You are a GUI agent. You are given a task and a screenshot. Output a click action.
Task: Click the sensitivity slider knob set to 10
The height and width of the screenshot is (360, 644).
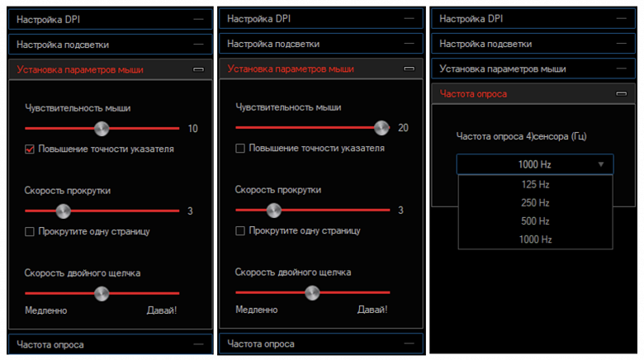click(x=102, y=129)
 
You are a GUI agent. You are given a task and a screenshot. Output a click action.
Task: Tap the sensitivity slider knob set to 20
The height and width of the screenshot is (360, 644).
click(x=381, y=128)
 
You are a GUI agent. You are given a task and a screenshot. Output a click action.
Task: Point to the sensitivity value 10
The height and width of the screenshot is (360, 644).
click(x=192, y=129)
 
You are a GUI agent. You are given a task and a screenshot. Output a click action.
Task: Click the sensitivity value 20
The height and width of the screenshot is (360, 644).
click(x=403, y=128)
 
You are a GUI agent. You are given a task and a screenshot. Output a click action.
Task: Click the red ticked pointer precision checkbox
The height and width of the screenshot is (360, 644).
click(x=30, y=149)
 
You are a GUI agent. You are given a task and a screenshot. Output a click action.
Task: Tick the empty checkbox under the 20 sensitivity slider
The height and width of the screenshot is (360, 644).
click(x=240, y=149)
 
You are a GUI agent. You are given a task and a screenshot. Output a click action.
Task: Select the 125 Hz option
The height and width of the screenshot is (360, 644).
click(x=535, y=184)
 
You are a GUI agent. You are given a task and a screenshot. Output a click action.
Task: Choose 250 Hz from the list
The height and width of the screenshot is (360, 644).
click(x=535, y=202)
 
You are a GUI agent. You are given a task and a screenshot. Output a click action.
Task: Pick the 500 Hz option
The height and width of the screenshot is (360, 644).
click(x=535, y=221)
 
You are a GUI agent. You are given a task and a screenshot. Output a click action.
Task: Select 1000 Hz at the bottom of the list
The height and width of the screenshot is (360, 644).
click(x=535, y=239)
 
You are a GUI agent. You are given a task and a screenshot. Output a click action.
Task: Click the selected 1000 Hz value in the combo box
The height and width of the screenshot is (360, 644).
click(x=534, y=164)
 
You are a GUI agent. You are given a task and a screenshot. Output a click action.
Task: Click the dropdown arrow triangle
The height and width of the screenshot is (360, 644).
click(x=601, y=164)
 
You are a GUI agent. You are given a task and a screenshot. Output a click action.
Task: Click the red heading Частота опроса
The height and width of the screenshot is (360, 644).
click(x=473, y=94)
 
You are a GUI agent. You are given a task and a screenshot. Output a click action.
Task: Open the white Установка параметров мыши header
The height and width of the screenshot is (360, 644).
click(x=502, y=69)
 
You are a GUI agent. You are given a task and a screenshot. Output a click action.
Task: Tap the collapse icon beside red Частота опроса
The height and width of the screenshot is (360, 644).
click(x=622, y=94)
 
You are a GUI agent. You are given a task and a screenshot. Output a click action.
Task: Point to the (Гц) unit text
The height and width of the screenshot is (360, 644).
click(x=578, y=136)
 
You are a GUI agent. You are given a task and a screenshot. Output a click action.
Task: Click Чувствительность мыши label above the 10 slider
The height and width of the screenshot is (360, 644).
click(x=78, y=108)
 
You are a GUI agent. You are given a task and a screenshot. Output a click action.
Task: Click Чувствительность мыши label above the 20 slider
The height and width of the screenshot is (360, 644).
click(x=288, y=107)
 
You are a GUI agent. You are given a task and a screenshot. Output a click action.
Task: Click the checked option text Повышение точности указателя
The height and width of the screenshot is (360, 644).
click(x=106, y=149)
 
